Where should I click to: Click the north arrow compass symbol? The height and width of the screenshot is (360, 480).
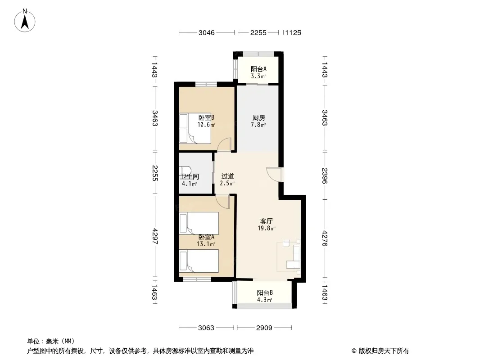point(24,21)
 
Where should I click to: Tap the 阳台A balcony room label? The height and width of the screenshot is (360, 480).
point(258,69)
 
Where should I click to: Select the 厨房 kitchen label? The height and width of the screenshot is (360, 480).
point(258,118)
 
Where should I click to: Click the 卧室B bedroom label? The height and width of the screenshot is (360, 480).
point(206,117)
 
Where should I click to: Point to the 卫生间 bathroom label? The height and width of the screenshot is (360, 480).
point(190,176)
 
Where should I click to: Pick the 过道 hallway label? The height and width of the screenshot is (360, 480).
point(227,176)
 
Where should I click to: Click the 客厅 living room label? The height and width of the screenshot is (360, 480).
point(266,221)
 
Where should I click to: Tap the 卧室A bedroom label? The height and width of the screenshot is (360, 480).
point(206,237)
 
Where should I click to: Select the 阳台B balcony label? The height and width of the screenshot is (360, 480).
point(265,292)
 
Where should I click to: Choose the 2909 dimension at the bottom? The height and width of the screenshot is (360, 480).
point(264,328)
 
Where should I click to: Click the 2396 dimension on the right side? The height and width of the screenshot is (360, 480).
point(325,176)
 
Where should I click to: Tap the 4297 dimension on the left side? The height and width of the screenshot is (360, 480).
point(154,236)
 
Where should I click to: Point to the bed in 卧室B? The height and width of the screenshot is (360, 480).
point(195,128)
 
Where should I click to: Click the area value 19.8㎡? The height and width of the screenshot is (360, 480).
point(267,228)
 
